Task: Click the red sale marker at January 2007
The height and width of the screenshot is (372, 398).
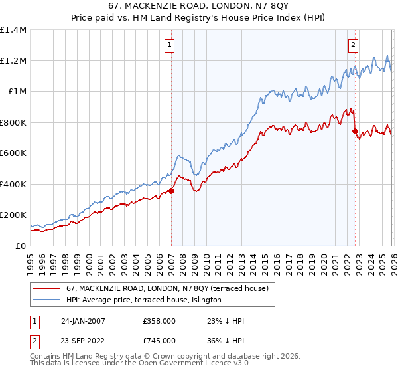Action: tap(171, 191)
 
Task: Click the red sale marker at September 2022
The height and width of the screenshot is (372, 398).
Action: tap(355, 131)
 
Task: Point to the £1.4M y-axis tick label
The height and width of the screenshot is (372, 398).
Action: tap(13, 30)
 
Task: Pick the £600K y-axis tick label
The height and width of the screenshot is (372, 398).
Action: tap(13, 153)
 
